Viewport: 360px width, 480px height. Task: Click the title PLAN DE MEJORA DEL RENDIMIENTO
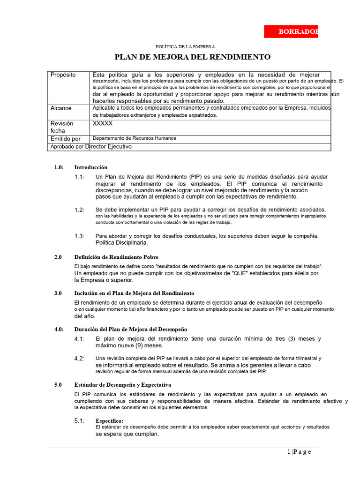193,57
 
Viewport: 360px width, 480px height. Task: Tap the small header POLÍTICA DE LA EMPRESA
185,46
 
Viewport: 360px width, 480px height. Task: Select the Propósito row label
63,75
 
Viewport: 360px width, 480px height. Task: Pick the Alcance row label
61,108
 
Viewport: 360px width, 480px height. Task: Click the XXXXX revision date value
103,124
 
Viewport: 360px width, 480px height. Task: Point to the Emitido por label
65,139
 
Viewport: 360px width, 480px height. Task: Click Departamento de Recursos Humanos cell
135,139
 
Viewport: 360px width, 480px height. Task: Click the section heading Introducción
90,167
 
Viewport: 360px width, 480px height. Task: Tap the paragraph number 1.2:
79,210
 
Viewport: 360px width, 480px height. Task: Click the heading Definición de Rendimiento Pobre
116,257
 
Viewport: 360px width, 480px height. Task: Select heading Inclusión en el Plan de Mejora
134,293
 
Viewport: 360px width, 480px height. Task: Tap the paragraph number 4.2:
79,359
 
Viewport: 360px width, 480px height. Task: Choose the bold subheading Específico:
109,421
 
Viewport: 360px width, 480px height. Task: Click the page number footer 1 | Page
299,452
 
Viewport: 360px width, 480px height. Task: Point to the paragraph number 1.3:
79,236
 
